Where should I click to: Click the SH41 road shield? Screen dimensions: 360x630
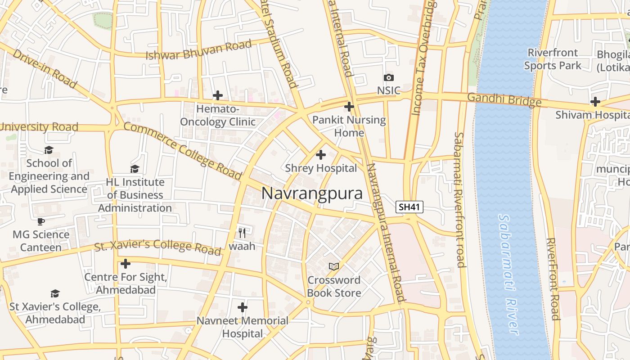pos(409,207)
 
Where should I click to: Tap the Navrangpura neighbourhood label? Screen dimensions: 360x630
pos(312,193)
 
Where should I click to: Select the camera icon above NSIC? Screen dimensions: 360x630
pos(388,78)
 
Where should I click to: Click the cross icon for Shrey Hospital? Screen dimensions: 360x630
pos(320,155)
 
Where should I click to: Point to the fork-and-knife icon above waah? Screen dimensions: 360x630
pos(242,233)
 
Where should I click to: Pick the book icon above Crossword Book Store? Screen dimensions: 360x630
pos(333,267)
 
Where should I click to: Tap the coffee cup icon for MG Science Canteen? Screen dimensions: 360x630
pos(41,221)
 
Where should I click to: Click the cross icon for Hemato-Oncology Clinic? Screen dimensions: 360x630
pos(218,95)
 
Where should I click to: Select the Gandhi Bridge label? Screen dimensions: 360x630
pos(504,99)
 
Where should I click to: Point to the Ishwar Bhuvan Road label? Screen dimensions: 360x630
pos(198,50)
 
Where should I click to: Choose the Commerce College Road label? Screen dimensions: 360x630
pos(183,151)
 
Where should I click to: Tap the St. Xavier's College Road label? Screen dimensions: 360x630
pos(158,246)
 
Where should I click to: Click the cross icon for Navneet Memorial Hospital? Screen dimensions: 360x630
pos(243,307)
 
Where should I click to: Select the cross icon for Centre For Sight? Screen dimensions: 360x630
pos(126,264)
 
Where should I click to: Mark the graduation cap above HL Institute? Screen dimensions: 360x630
pos(135,169)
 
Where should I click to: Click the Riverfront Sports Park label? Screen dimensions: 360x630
pos(553,59)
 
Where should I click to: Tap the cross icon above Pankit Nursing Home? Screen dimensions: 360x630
pos(349,107)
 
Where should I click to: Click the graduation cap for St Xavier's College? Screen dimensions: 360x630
pos(55,293)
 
